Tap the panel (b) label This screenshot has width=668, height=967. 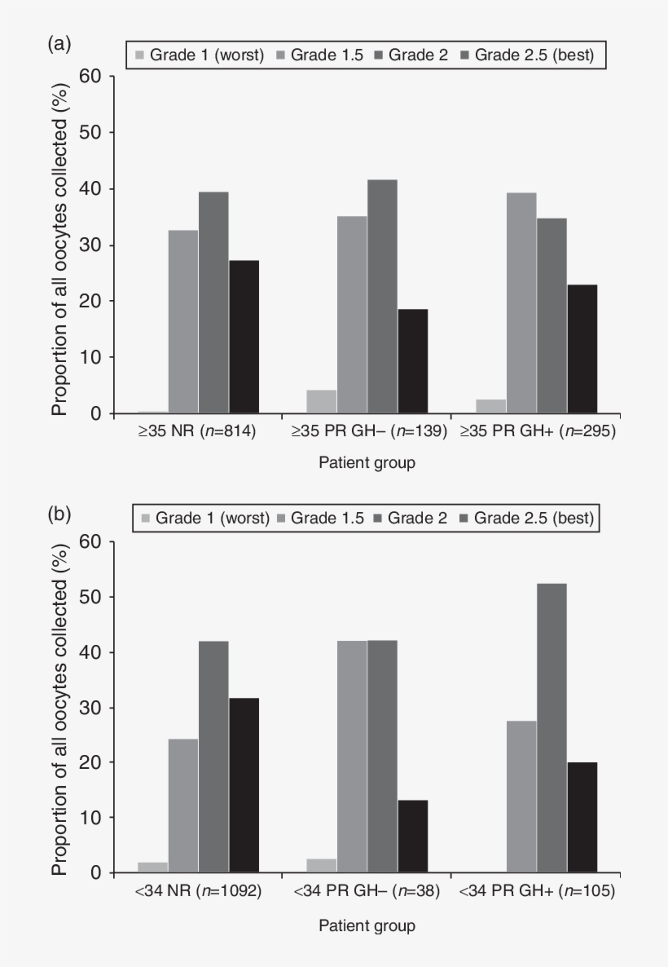click(x=57, y=514)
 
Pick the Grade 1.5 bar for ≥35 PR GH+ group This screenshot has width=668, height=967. click(x=521, y=302)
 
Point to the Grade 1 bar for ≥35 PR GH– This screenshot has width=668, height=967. click(x=322, y=401)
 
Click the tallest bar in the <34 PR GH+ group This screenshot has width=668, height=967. click(x=552, y=728)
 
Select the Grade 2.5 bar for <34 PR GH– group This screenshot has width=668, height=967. click(x=412, y=837)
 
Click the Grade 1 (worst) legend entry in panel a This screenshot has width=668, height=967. click(x=200, y=55)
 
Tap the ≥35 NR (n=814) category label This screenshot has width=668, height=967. click(x=198, y=433)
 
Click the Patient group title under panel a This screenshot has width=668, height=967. click(x=367, y=464)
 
